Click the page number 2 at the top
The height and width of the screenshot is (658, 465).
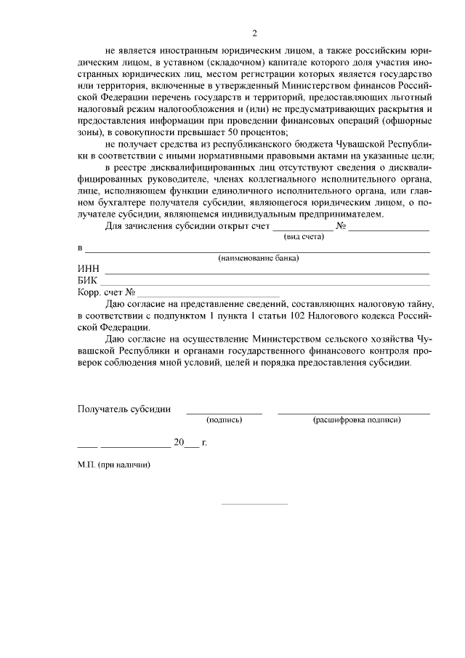point(254,33)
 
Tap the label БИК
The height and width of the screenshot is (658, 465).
point(88,281)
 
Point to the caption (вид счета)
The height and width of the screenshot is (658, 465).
point(304,236)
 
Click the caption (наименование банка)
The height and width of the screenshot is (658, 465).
point(259,258)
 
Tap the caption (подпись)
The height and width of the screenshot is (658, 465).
point(225,420)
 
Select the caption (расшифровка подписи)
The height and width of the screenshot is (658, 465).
point(356,420)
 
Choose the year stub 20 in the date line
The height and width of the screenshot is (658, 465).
point(179,442)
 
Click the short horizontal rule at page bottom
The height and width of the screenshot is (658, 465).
point(254,504)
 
